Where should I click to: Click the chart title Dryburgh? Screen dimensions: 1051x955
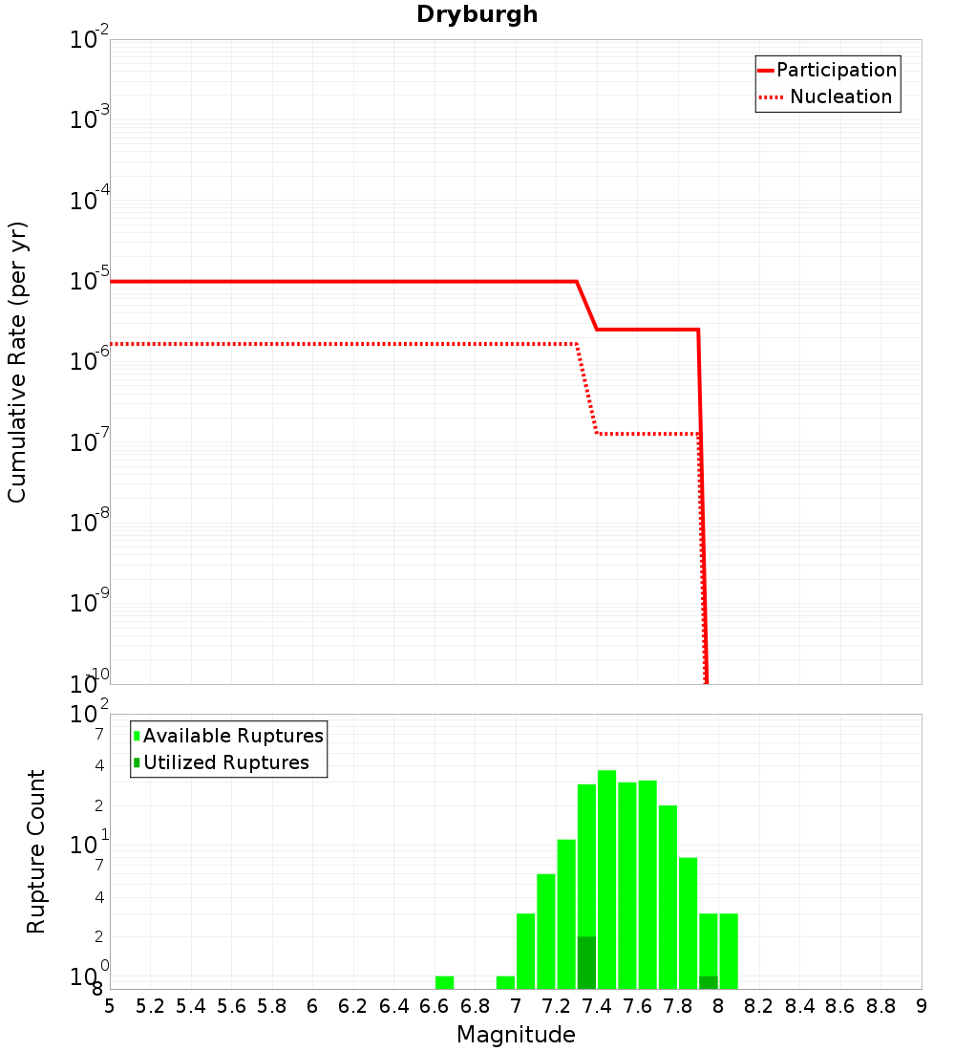[x=477, y=14]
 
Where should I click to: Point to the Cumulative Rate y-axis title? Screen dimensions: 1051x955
[x=17, y=361]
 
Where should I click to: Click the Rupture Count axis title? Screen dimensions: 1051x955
[x=36, y=851]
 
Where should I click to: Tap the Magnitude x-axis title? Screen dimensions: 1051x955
[x=516, y=1035]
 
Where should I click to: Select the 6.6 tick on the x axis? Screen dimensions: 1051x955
[x=435, y=1006]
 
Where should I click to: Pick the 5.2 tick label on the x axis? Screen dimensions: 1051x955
[x=150, y=1006]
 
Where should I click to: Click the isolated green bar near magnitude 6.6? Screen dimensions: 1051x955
[x=444, y=982]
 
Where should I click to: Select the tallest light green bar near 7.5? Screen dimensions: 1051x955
[x=607, y=879]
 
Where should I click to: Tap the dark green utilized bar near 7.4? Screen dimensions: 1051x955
[x=586, y=962]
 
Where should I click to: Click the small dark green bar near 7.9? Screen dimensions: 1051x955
[x=708, y=982]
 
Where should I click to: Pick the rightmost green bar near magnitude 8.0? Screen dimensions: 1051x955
[x=729, y=951]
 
